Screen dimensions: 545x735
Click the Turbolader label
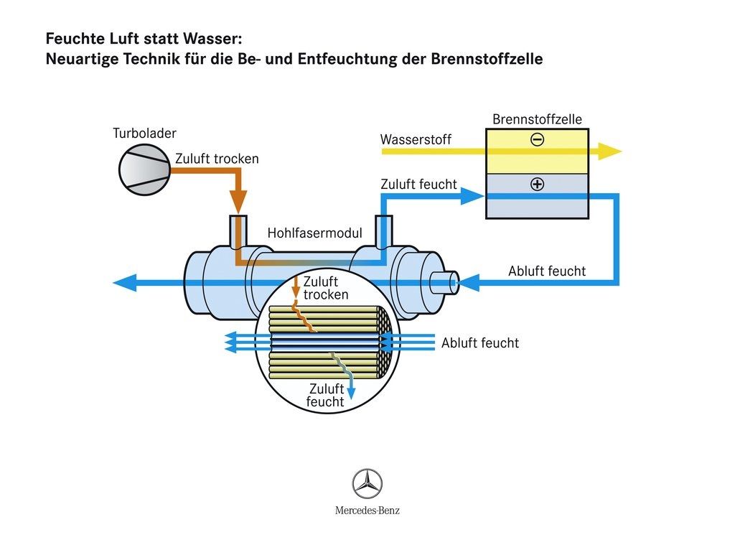point(144,134)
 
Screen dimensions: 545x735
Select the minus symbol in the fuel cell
point(537,140)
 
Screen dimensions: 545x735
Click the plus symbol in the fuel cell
point(537,185)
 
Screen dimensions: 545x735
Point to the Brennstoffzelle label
point(537,119)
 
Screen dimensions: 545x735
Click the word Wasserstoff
point(416,140)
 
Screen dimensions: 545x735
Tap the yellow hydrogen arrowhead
point(610,151)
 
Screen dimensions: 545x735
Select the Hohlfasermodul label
point(314,233)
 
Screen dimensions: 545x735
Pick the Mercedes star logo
point(367,483)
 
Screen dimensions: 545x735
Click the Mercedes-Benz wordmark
point(367,511)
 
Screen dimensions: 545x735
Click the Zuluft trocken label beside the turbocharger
point(217,159)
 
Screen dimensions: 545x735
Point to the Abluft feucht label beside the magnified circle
point(479,343)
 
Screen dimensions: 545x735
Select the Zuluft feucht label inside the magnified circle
point(325,396)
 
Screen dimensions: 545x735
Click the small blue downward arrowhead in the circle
point(352,392)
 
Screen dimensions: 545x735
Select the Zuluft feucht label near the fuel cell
point(418,185)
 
